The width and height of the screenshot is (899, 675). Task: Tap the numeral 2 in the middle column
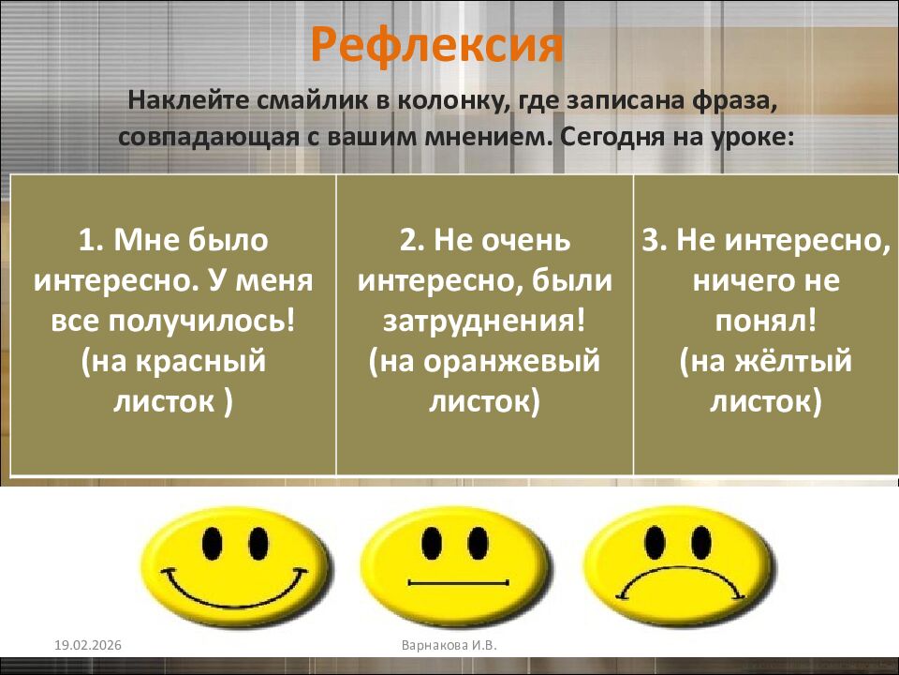407,241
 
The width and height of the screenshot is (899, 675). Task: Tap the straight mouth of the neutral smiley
459,583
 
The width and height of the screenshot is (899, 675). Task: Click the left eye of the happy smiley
214,542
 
